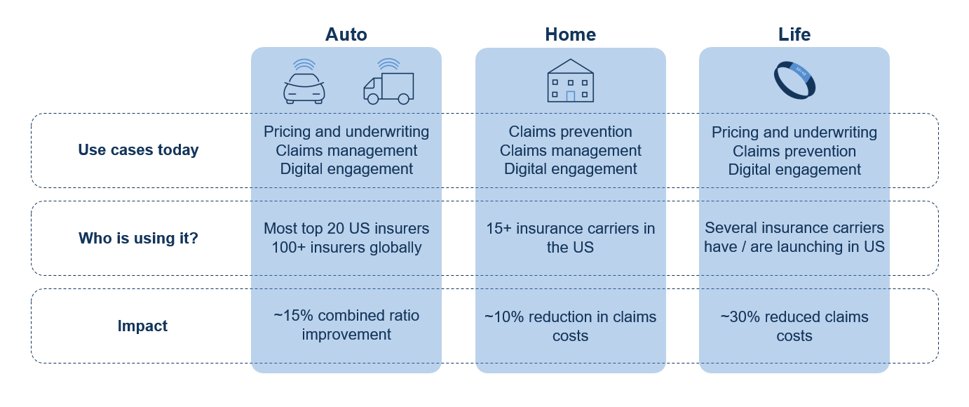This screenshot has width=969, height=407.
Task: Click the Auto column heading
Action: click(x=346, y=34)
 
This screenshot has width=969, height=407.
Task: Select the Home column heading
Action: click(x=570, y=34)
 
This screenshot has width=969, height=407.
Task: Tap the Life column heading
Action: click(x=794, y=34)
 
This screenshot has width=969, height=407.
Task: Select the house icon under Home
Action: click(x=570, y=81)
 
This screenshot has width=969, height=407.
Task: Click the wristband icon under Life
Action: click(x=794, y=79)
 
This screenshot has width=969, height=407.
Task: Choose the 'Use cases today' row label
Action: click(x=138, y=150)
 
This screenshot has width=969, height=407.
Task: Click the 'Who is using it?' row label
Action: click(x=138, y=238)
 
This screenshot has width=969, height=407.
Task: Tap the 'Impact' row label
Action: click(x=142, y=326)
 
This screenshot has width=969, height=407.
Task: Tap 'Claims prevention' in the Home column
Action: click(x=570, y=132)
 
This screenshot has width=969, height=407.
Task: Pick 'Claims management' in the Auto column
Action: click(x=346, y=150)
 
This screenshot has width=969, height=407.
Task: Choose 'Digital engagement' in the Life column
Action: click(x=794, y=169)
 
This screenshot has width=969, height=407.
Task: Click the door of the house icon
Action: click(x=570, y=96)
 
